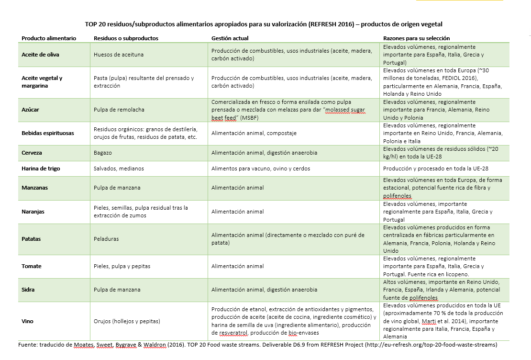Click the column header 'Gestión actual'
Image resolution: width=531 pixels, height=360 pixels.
(230, 38)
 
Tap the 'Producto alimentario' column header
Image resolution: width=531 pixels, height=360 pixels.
(49, 38)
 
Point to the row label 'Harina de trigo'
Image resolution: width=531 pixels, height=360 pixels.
(41, 169)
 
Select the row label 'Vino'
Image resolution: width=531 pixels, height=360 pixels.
(28, 321)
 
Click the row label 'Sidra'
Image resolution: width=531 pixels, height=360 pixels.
(28, 290)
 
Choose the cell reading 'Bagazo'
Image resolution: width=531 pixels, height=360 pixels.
(103, 153)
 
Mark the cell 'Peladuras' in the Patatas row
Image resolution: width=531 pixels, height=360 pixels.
(106, 238)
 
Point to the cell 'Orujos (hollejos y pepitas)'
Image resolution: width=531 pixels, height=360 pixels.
(127, 321)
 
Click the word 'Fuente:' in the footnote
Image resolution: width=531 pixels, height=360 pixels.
(28, 344)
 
